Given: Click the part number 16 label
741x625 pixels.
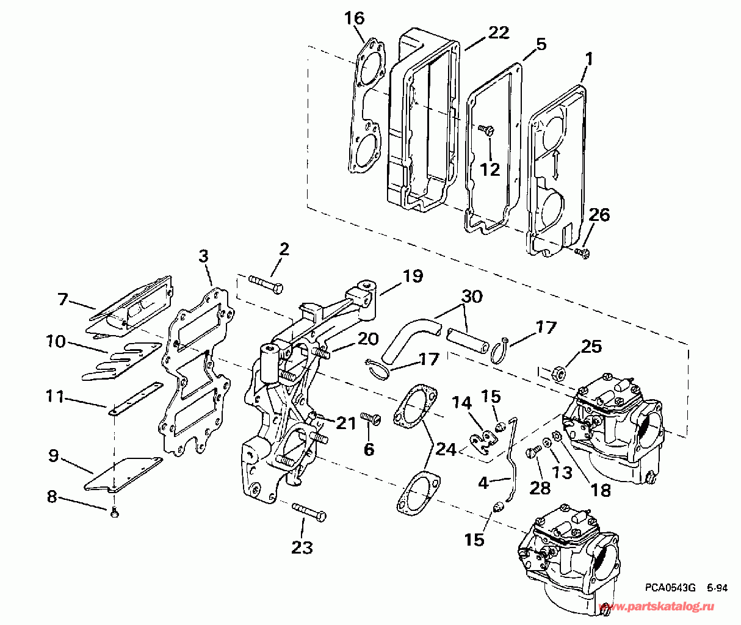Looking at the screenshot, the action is coord(355,18).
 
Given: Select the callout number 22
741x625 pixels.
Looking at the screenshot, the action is coord(499,32).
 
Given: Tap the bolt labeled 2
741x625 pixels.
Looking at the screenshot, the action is coord(266,284).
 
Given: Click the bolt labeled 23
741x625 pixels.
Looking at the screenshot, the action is coord(309,512).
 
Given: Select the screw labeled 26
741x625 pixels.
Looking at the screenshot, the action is coord(582,252).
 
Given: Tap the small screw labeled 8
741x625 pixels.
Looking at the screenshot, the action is coord(115,513).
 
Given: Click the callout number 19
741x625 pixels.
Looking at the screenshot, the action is coord(413,276).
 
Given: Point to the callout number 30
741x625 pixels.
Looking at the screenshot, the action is coord(472,297).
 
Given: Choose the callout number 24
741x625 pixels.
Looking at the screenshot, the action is coord(446,450).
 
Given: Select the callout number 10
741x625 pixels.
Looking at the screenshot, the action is coord(56,341).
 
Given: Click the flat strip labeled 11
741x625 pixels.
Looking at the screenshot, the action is coord(136,399).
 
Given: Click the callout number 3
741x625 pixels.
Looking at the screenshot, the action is coord(203,256).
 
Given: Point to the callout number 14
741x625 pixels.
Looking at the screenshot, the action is coord(461,403).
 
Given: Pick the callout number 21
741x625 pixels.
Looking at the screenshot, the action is coord(345,424).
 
